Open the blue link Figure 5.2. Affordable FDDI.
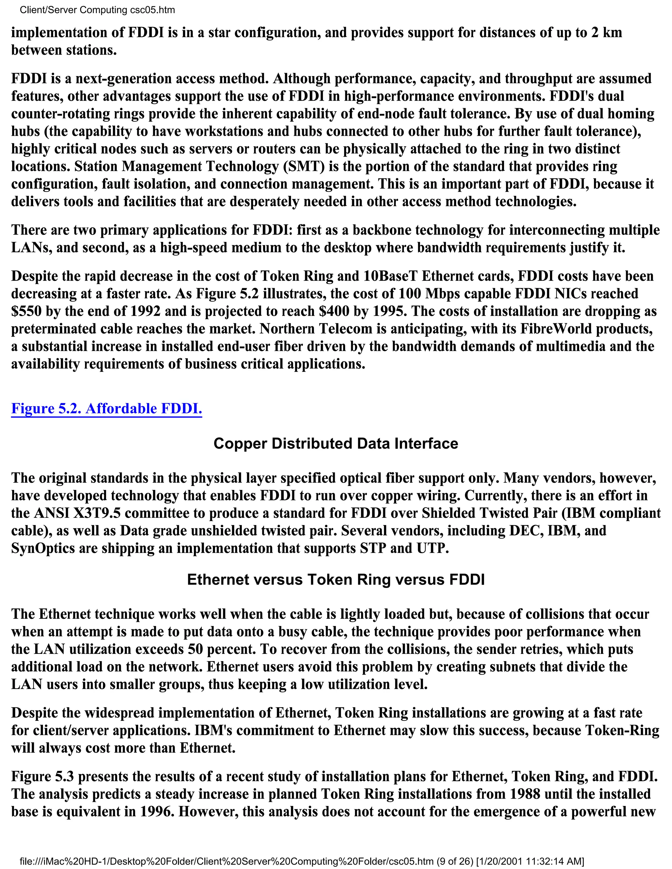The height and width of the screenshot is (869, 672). coord(106,409)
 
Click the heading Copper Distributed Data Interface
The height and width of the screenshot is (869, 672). coord(336,444)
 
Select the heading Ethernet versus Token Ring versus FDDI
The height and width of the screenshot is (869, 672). coord(336,580)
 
